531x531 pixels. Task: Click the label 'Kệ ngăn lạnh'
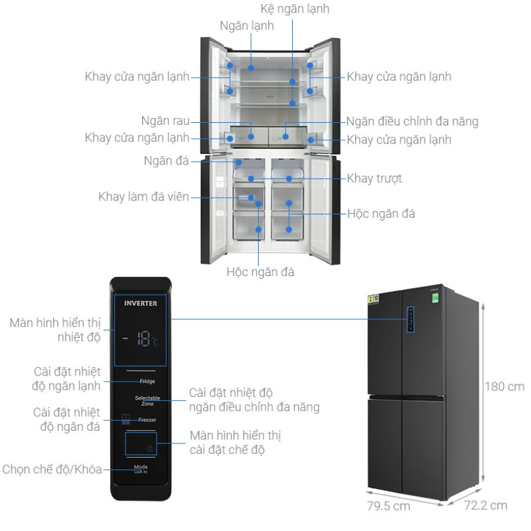point(294,9)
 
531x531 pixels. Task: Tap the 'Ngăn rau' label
point(165,121)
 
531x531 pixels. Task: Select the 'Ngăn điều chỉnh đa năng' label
point(412,121)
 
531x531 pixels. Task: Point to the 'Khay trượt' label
point(374,179)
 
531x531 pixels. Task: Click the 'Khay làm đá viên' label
point(143,196)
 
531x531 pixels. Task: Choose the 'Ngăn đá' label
point(166,161)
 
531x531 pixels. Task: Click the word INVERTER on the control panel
point(141,303)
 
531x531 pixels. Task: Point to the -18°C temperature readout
point(140,341)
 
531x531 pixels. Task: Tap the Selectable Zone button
point(147,400)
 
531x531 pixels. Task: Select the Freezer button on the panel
point(147,420)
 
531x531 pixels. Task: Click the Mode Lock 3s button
point(140,468)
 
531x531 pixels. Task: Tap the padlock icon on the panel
point(150,449)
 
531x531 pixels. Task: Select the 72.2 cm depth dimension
point(485,506)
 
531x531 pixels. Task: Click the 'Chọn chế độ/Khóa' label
point(52,469)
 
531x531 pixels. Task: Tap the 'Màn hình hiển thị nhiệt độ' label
point(54,331)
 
